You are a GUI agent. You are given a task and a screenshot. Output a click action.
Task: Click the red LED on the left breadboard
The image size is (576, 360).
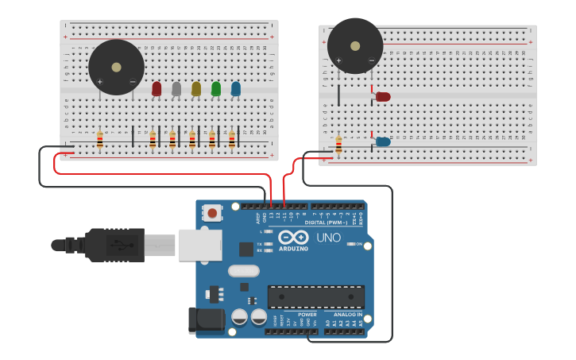157,88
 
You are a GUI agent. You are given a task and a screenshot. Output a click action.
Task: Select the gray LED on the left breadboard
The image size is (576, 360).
176,88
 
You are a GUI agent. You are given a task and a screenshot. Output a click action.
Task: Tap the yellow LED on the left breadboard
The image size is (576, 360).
196,88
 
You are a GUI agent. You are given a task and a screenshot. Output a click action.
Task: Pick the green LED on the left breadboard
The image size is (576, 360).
216,88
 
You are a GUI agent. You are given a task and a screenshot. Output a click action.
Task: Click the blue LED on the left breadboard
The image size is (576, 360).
236,88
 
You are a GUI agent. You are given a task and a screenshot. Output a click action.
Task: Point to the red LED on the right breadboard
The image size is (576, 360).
383,96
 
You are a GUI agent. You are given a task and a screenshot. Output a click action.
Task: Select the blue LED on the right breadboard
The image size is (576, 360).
383,141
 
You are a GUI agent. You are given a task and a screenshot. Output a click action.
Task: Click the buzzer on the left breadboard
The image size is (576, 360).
116,68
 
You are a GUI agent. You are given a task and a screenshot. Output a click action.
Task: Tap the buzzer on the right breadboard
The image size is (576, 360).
355,46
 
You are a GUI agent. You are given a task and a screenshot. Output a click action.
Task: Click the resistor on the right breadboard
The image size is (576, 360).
338,144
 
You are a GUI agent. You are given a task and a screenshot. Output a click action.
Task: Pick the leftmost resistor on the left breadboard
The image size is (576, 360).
99,141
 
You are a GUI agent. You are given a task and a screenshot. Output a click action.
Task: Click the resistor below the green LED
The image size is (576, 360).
212,141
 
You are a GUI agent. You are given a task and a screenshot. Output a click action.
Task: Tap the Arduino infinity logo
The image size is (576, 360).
292,237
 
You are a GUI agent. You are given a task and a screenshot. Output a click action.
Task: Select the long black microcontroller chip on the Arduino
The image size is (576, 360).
315,297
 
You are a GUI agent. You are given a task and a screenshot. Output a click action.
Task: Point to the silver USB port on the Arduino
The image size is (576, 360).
199,245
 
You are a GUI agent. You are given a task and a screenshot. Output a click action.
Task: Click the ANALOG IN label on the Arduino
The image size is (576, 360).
347,315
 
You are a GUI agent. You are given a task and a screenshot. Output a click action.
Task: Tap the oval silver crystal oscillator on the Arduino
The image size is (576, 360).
244,270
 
